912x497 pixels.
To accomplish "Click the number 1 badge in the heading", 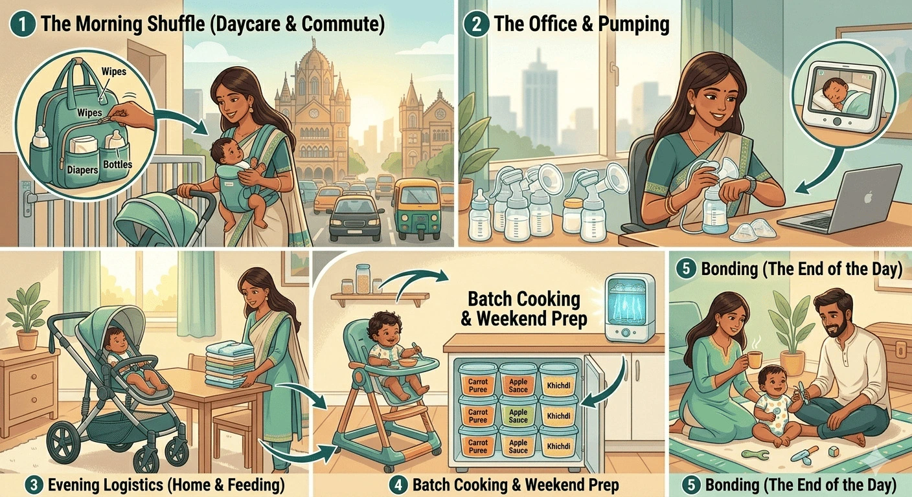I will tap(22, 25).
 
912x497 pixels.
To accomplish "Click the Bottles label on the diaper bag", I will tap(117, 164).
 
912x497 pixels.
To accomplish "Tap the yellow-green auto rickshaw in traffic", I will tap(415, 200).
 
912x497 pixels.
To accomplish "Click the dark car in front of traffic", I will tap(355, 217).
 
